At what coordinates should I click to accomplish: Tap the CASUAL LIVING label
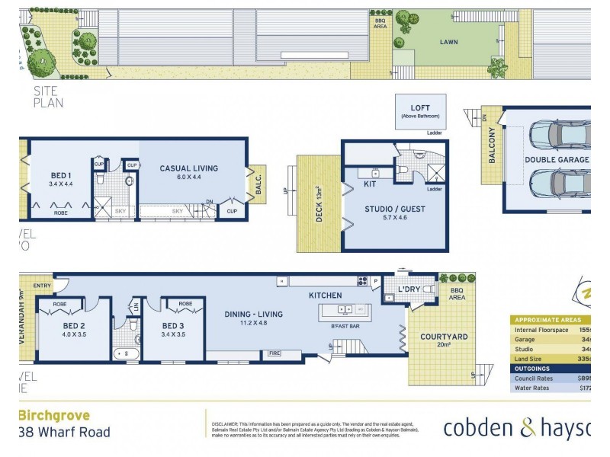coord(188,168)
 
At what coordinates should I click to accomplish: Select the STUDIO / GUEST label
coord(395,209)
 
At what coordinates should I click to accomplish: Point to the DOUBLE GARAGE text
coord(556,159)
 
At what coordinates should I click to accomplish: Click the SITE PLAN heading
coord(48,97)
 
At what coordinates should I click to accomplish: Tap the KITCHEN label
coord(324,295)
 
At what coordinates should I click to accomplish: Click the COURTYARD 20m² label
coord(444,337)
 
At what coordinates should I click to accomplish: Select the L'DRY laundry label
coord(409,289)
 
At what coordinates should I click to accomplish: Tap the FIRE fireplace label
coord(274,353)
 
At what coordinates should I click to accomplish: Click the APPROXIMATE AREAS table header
coord(548,320)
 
